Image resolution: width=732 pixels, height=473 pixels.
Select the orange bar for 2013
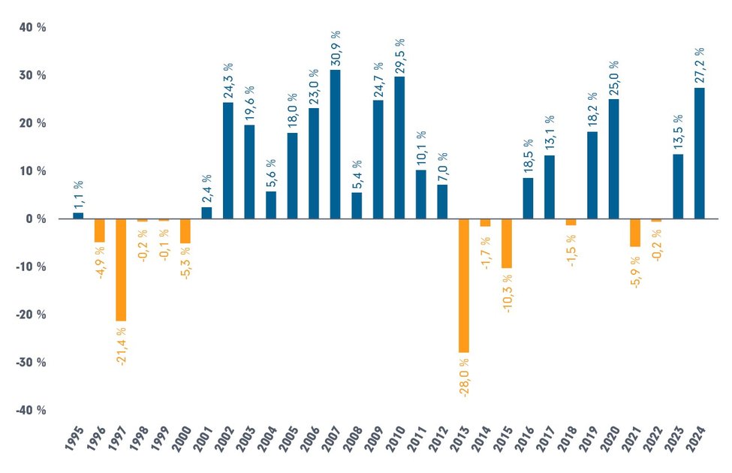[463, 285]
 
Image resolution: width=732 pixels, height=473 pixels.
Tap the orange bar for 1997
[120, 270]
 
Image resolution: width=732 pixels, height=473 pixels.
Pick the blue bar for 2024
[699, 153]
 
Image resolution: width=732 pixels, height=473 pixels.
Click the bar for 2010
[399, 147]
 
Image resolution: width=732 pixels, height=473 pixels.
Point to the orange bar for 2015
[506, 243]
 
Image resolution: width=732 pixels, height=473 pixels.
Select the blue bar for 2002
[227, 161]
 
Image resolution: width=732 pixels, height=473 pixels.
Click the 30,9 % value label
[336, 48]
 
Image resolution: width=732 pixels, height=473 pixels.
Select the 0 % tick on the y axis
[36, 219]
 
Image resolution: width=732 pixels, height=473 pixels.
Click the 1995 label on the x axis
[75, 444]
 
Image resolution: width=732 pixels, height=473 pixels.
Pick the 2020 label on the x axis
[610, 444]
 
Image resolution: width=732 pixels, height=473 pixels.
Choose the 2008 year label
[354, 444]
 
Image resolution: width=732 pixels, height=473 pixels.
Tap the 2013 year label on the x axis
[460, 444]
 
